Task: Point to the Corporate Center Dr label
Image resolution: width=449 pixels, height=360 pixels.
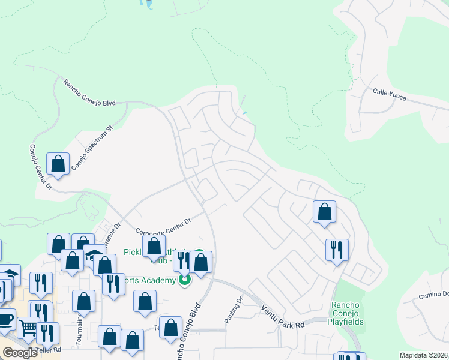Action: (x=163, y=227)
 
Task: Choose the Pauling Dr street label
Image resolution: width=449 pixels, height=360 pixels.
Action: (x=234, y=310)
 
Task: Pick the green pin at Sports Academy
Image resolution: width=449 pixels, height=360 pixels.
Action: (x=185, y=279)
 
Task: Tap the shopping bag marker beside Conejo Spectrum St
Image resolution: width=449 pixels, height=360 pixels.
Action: (x=58, y=164)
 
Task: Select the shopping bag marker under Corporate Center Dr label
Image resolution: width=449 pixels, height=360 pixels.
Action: (x=154, y=245)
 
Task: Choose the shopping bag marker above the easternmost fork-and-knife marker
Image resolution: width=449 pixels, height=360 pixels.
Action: (x=324, y=211)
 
